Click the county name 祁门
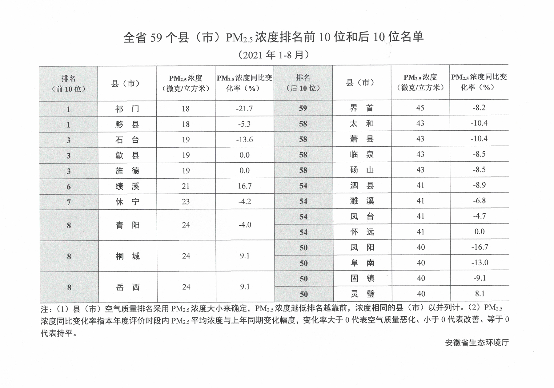[x=127, y=109]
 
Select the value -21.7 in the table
[x=244, y=109]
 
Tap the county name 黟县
[x=127, y=124]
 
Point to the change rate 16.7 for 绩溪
[x=245, y=186]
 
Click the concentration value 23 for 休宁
[x=186, y=202]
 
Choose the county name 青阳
[x=127, y=225]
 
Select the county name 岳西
[x=128, y=287]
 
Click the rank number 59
[x=303, y=108]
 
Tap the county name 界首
[x=362, y=108]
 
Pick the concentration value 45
[x=420, y=108]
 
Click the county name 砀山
[x=362, y=170]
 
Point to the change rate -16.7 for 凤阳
[x=480, y=247]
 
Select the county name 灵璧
[x=363, y=294]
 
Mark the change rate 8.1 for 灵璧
[x=480, y=294]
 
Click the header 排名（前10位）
[x=68, y=84]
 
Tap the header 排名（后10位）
[x=303, y=83]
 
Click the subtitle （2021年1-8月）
[x=274, y=55]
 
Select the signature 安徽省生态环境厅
[x=477, y=342]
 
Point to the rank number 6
[x=69, y=187]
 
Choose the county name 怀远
[x=362, y=232]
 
